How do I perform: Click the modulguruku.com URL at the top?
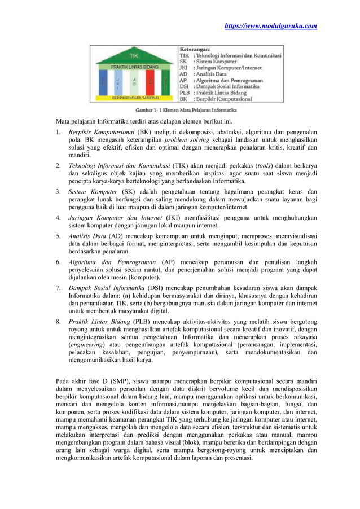(271, 25)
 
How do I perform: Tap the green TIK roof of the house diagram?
(134, 56)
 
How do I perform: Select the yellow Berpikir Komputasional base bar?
(134, 98)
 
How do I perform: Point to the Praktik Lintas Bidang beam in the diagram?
(134, 67)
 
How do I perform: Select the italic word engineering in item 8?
(87, 344)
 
